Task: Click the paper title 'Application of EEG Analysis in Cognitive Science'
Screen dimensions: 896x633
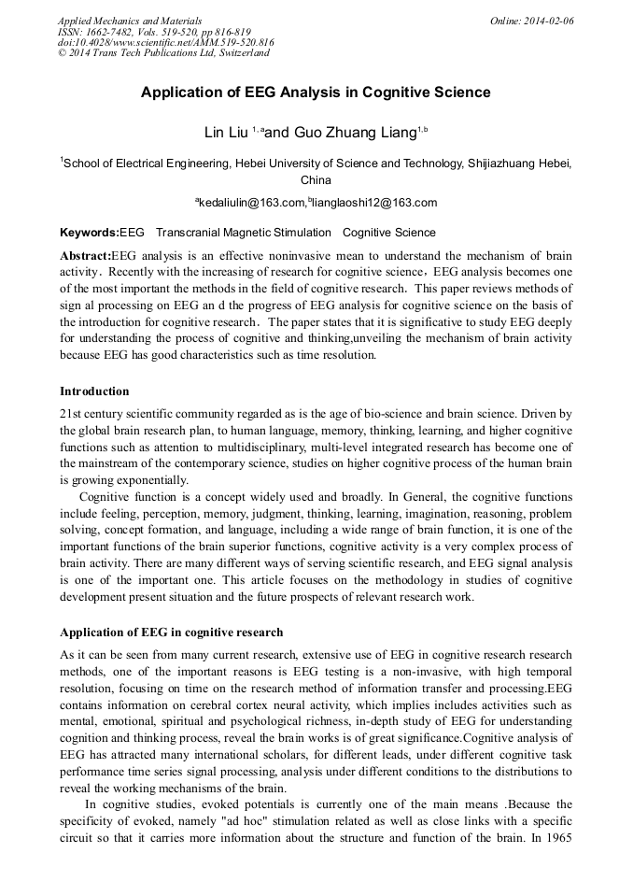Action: pos(316,92)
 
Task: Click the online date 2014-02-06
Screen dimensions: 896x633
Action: pos(532,21)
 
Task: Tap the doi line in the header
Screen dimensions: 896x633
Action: pos(165,43)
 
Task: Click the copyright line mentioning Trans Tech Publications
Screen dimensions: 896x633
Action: pos(163,53)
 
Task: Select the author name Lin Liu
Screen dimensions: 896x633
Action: pos(227,132)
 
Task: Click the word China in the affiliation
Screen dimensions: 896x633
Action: pos(316,180)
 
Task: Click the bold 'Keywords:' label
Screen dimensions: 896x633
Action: pos(90,233)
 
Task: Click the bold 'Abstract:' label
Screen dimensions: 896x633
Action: pos(85,256)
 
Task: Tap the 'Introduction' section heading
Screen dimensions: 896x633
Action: pos(94,391)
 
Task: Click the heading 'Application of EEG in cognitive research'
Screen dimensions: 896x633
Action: pos(171,633)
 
